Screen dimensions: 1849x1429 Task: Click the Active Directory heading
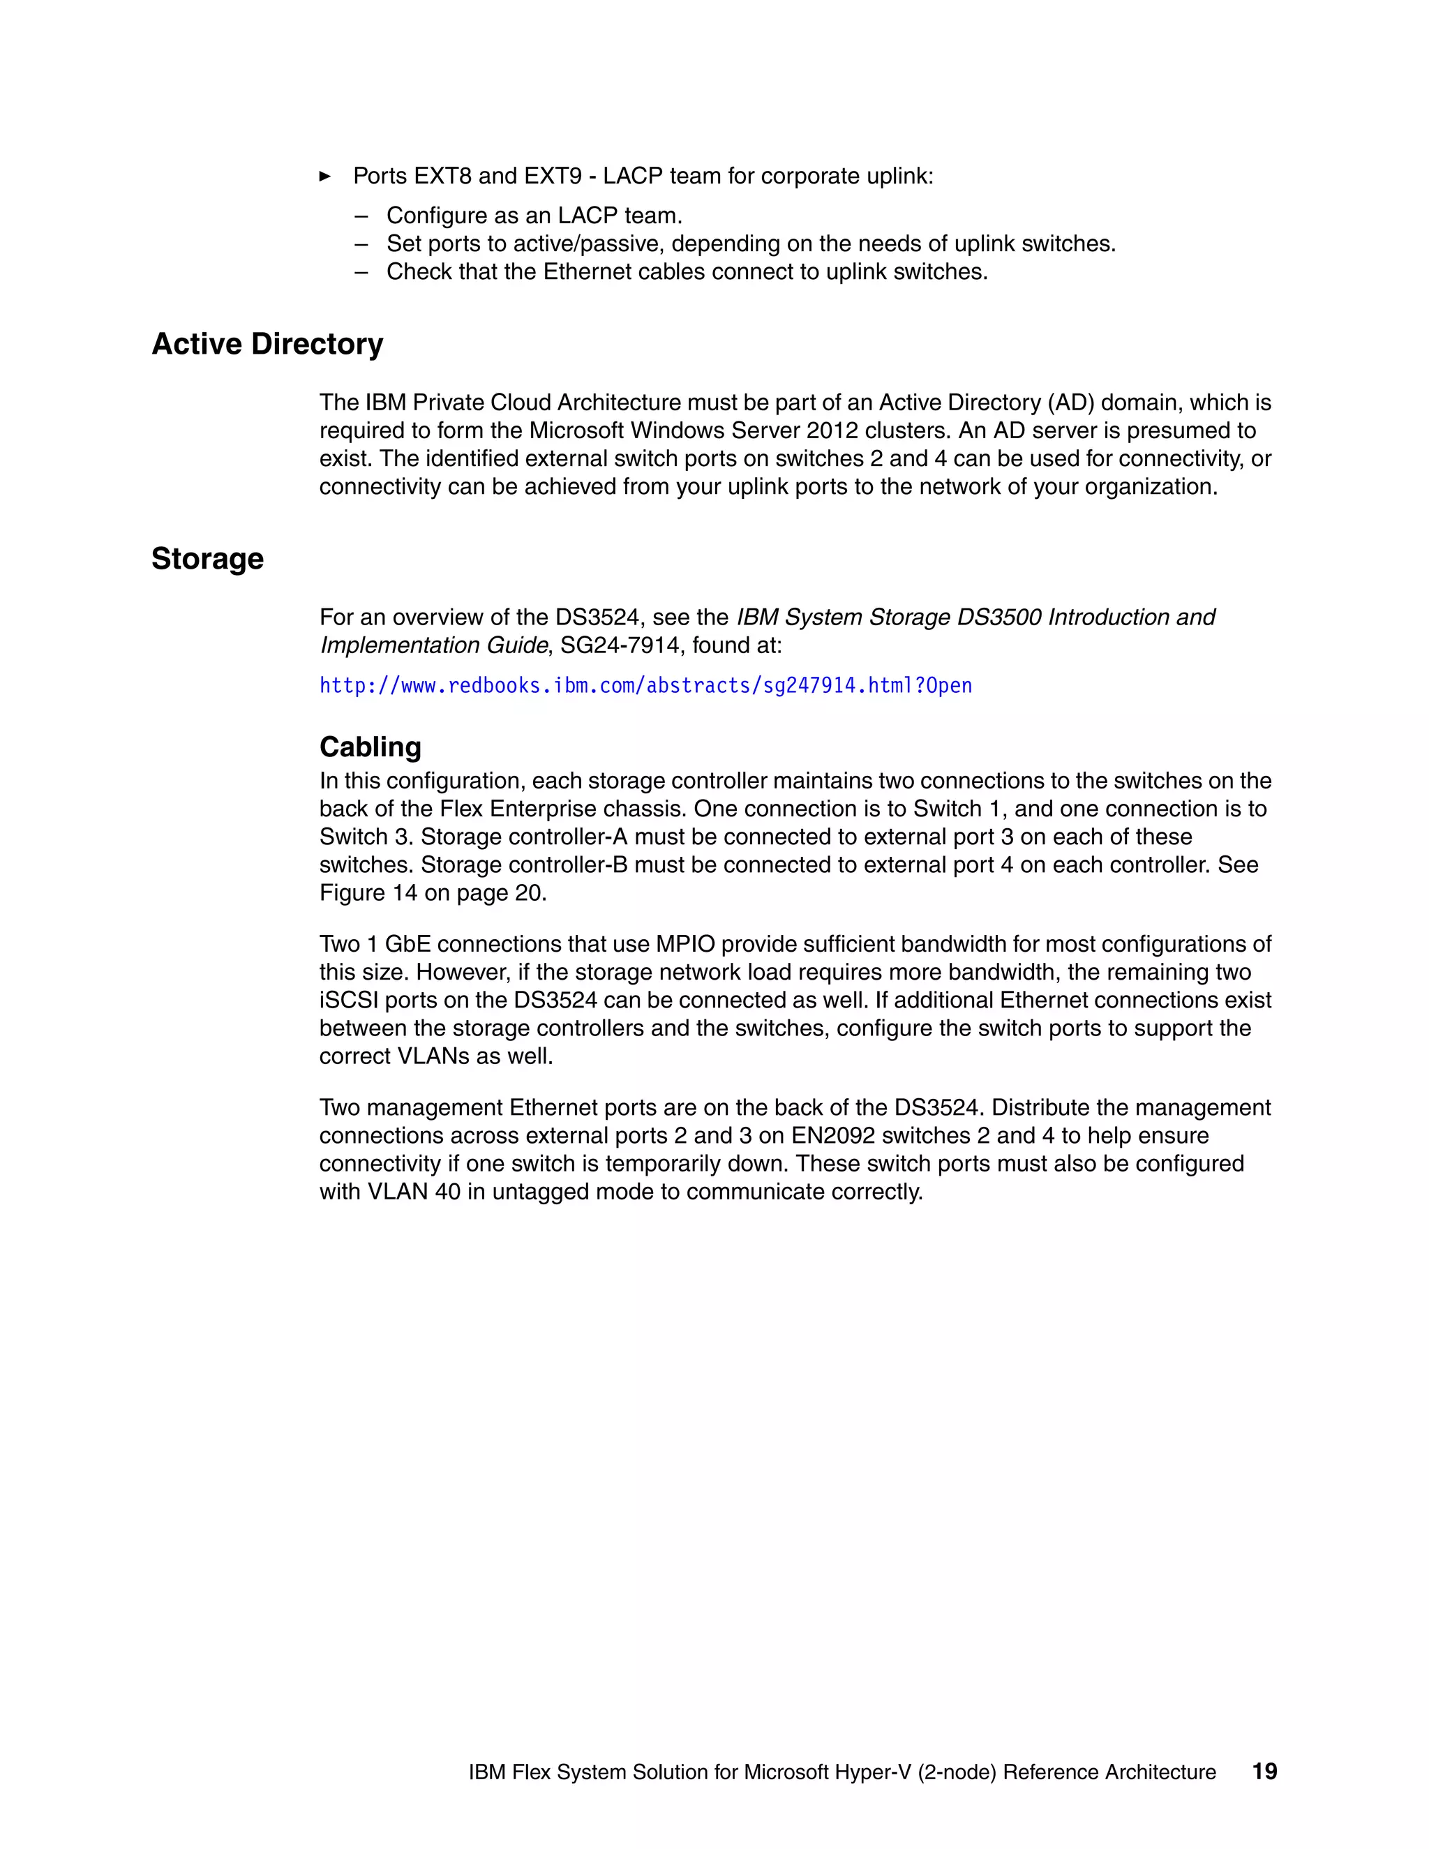(267, 344)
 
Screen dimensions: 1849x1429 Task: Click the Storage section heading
(207, 559)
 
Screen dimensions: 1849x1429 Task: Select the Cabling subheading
(370, 747)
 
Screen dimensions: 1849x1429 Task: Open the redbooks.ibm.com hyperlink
(645, 685)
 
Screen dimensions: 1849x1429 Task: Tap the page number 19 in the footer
(1264, 1771)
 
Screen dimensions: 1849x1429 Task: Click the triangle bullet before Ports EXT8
(325, 176)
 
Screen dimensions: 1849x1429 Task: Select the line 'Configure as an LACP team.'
(534, 215)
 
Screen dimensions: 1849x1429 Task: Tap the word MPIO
(685, 944)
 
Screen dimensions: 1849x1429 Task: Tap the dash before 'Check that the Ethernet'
(361, 271)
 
